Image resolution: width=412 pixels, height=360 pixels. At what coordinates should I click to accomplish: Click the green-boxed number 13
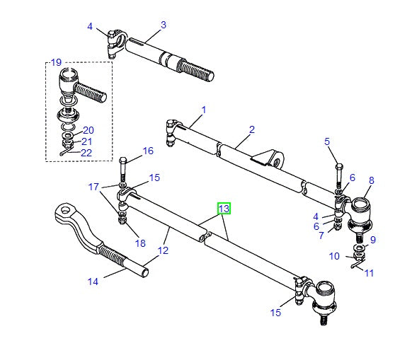point(224,209)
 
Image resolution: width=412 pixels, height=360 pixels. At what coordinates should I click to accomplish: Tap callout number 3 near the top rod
point(163,25)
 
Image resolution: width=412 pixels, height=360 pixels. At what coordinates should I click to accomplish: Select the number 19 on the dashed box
point(57,64)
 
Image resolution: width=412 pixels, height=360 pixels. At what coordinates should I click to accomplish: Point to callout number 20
point(88,130)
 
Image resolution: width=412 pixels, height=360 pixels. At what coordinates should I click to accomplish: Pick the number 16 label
point(147,151)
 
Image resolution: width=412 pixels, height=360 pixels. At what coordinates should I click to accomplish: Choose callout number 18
point(140,243)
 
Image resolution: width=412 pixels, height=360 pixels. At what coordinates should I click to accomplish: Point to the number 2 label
point(251,129)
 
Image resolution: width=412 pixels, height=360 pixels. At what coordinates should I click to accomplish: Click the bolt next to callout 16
point(122,170)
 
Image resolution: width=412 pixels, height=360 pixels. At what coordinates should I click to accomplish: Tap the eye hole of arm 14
point(66,209)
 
